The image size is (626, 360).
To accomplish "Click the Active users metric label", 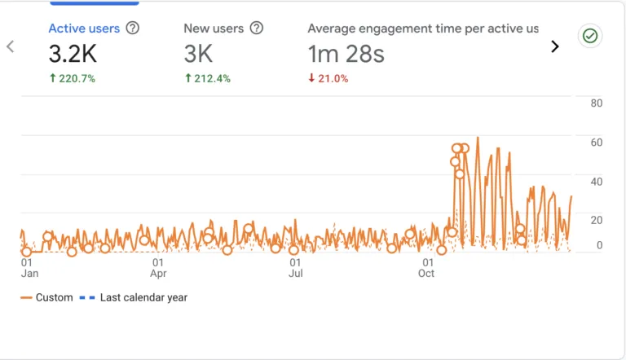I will point(84,29).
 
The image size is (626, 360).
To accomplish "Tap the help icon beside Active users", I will point(133,29).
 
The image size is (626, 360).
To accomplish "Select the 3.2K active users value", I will point(74,54).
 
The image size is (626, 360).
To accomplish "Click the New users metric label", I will point(214,29).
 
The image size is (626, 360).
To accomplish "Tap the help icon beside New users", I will point(257,29).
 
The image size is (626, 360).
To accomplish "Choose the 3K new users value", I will point(198,54).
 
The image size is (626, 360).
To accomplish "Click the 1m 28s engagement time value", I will point(346,54).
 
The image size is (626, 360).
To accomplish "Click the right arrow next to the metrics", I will point(555,46).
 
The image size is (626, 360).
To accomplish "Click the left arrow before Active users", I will point(11,46).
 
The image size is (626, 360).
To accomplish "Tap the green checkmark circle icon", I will point(589,36).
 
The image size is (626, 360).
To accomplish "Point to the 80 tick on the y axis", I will point(596,103).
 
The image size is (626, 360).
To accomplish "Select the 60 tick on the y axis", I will point(596,143).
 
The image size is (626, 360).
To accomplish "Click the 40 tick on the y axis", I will point(596,182).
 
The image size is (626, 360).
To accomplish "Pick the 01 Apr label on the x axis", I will point(158,268).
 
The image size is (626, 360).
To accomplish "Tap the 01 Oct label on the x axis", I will point(426,268).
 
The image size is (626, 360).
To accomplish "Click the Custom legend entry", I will point(46,298).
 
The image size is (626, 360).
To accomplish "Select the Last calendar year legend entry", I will point(134,298).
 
